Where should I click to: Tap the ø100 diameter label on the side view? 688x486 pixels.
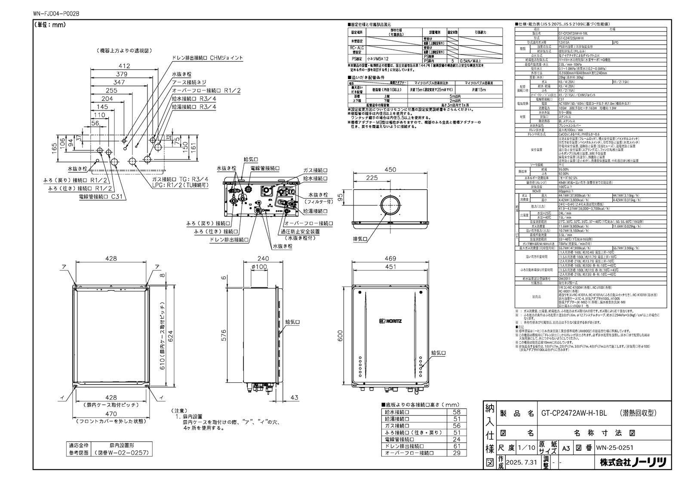260,267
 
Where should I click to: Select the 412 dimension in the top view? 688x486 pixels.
124,66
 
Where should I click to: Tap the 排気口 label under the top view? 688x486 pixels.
359,239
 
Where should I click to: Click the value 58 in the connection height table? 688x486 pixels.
457,412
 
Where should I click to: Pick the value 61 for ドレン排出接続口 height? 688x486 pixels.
457,446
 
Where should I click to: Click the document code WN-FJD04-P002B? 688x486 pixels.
56,14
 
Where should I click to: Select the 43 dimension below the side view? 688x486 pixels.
294,397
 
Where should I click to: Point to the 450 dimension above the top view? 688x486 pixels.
390,170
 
